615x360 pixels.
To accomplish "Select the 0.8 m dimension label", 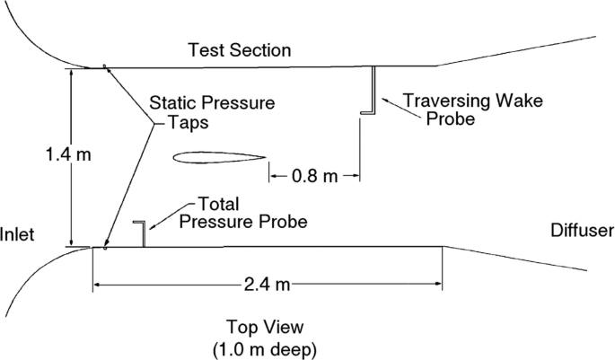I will pyautogui.click(x=314, y=176).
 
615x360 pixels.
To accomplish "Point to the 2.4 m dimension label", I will pyautogui.click(x=267, y=285).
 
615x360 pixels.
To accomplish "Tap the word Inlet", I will pyautogui.click(x=18, y=235).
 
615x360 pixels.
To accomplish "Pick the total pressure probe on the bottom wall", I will pyautogui.click(x=142, y=233).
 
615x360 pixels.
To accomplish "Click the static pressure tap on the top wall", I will pyautogui.click(x=105, y=66).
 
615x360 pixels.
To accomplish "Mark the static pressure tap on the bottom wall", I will pyautogui.click(x=105, y=248).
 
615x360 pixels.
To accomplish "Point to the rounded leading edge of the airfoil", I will pyautogui.click(x=175, y=159).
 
